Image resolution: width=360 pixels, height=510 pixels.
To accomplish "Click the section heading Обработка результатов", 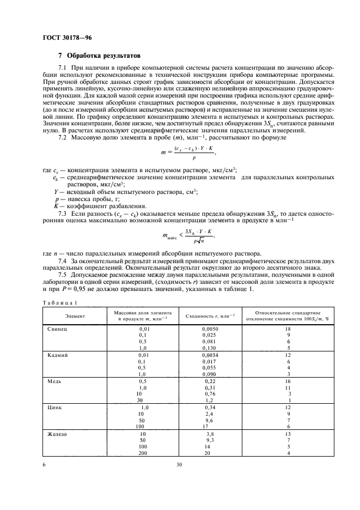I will point(103,55).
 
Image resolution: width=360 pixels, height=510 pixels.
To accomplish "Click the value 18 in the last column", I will point(289,330).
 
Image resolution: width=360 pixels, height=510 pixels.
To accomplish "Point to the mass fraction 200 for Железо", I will point(143,453).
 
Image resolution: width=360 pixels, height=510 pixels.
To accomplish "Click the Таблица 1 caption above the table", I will point(60,302).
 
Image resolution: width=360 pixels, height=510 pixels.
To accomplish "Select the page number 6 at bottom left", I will point(44,465).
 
